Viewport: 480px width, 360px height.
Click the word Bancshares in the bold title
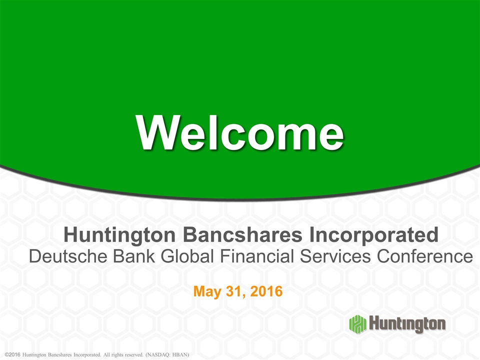243,235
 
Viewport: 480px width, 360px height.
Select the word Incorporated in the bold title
374,235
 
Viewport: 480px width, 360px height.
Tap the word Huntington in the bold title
119,235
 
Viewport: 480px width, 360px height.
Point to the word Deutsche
68,256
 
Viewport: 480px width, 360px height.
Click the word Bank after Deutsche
134,256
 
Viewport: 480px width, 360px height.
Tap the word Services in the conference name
335,256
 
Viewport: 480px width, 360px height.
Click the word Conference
425,256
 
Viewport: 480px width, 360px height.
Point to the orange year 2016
266,291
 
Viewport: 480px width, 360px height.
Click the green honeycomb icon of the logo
357,323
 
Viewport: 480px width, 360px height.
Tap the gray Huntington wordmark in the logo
407,324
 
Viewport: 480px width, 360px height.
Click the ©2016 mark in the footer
12,355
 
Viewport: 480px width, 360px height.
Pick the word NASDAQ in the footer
158,355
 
